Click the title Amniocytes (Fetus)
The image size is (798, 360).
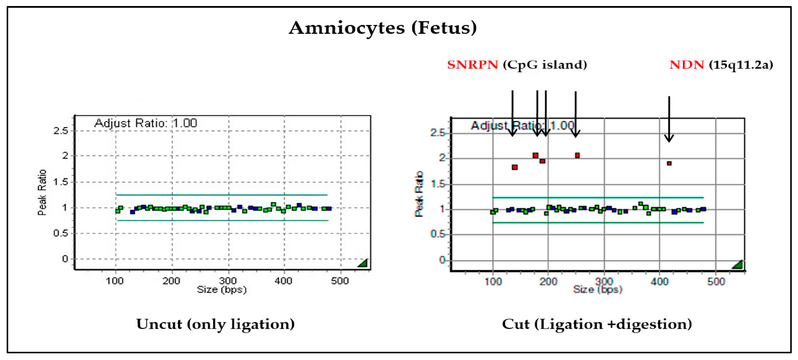pyautogui.click(x=383, y=28)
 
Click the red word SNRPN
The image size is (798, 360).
pyautogui.click(x=472, y=65)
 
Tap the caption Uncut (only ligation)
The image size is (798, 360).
pyautogui.click(x=215, y=324)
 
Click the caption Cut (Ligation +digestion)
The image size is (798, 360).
pyautogui.click(x=597, y=324)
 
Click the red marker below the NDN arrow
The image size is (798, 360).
pyautogui.click(x=669, y=163)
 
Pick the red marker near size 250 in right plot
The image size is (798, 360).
pyautogui.click(x=577, y=155)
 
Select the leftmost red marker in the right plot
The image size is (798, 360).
pyautogui.click(x=515, y=167)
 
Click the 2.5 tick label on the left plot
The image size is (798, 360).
pyautogui.click(x=61, y=131)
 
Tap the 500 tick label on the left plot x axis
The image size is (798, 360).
pyautogui.click(x=340, y=281)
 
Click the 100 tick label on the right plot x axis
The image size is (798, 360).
pyautogui.click(x=493, y=282)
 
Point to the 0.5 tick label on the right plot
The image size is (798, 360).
pyautogui.click(x=438, y=234)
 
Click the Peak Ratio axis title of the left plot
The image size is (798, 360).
pyautogui.click(x=42, y=192)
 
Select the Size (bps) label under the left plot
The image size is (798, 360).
pyautogui.click(x=222, y=290)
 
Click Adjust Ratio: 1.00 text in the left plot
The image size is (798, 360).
pyautogui.click(x=146, y=123)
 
